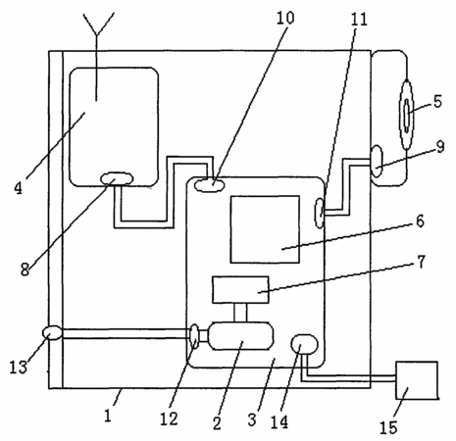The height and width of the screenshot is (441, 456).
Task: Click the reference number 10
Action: click(x=285, y=18)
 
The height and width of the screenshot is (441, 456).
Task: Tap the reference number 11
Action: click(x=359, y=20)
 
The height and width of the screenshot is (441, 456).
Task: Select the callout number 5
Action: click(x=438, y=102)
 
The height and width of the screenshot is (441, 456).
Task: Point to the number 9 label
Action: click(x=440, y=147)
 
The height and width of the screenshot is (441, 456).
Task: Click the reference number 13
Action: click(x=18, y=367)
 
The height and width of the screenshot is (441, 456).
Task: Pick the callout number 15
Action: click(x=388, y=427)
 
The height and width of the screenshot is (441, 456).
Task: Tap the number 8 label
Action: click(x=25, y=269)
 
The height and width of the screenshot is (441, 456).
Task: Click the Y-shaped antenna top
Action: click(x=98, y=23)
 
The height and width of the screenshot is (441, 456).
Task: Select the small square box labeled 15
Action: click(x=417, y=380)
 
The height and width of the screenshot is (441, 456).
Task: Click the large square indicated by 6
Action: click(x=265, y=229)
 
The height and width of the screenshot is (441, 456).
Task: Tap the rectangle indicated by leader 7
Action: click(x=241, y=290)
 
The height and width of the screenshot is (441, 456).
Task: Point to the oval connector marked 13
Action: click(x=52, y=333)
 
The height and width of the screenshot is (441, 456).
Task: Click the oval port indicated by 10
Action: click(x=210, y=185)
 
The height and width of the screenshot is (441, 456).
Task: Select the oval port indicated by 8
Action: click(x=117, y=178)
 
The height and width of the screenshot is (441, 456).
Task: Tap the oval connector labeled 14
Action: click(x=304, y=344)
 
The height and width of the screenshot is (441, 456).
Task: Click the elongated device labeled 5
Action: click(x=406, y=115)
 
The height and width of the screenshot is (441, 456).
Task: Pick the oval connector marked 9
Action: click(x=377, y=162)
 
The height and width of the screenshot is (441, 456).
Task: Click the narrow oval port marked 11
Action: click(x=320, y=214)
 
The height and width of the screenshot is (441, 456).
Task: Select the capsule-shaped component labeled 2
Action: click(x=241, y=336)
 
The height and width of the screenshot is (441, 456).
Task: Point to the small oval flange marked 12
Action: click(x=194, y=336)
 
